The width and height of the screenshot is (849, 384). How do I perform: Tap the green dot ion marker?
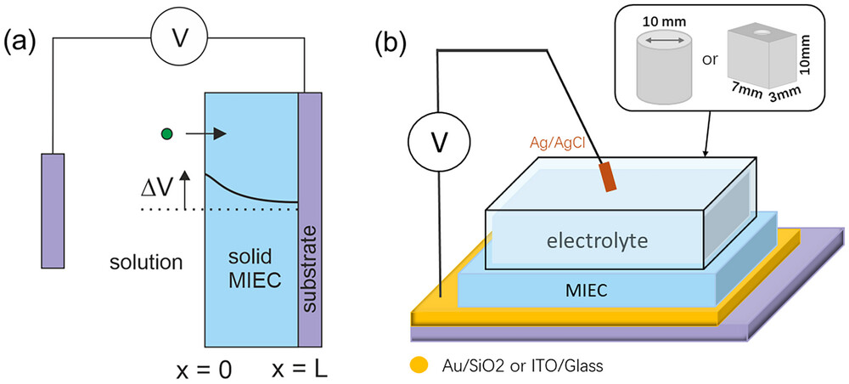(x=167, y=133)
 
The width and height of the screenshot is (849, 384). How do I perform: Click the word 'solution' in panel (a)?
(x=147, y=262)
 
